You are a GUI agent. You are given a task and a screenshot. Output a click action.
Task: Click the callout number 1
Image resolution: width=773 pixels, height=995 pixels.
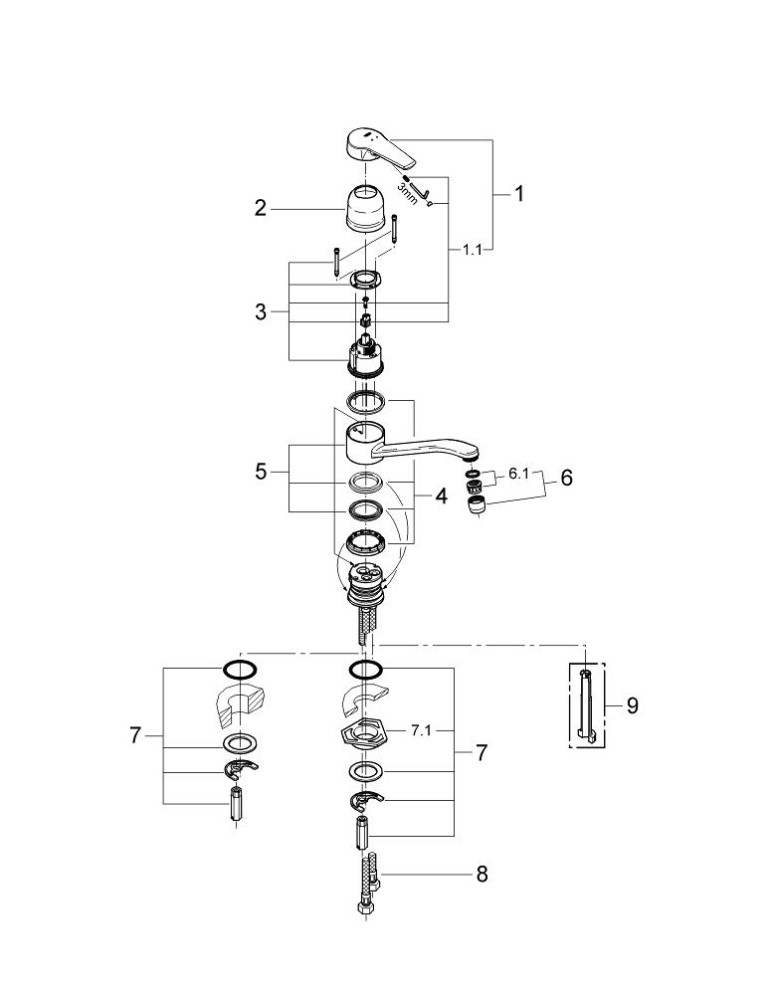[517, 194]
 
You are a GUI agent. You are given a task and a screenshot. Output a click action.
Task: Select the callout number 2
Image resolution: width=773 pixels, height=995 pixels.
[261, 208]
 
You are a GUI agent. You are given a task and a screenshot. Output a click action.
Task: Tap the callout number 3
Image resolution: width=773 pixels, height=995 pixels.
[261, 311]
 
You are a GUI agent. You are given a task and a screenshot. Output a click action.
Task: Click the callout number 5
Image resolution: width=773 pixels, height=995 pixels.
[261, 472]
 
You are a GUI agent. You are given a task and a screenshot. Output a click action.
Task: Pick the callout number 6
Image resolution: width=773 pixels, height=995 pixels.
[566, 478]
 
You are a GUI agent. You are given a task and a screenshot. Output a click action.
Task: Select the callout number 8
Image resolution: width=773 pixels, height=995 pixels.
[482, 875]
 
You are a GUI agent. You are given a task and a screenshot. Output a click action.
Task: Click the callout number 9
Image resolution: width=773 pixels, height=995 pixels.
[632, 705]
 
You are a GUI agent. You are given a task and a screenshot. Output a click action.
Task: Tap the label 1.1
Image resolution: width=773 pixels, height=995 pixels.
[472, 251]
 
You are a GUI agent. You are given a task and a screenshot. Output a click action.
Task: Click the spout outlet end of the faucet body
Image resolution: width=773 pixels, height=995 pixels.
[466, 452]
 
